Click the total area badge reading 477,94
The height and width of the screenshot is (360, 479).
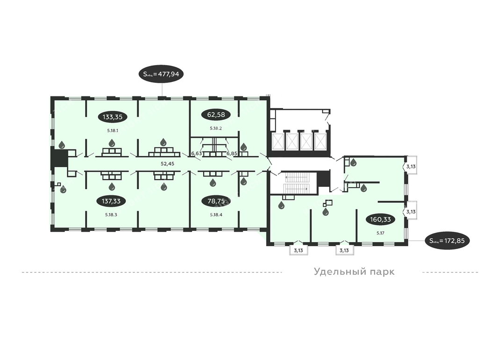tap(161, 74)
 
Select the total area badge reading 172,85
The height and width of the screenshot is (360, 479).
tap(447, 241)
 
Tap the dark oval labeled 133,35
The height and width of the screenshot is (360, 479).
tap(112, 117)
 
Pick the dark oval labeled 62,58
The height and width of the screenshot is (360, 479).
tap(216, 115)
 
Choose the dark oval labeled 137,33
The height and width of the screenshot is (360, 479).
tap(111, 201)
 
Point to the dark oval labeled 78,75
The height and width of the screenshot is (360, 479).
tap(216, 201)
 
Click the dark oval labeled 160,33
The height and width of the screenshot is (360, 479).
tap(380, 220)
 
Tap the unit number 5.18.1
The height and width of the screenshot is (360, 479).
tap(112, 131)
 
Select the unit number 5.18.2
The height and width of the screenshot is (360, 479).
tap(216, 128)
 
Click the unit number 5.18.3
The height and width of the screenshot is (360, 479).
tap(111, 215)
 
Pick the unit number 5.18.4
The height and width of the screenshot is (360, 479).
tap(216, 215)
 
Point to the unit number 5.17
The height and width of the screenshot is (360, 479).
tap(380, 233)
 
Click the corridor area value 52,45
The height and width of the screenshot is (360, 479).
tap(167, 164)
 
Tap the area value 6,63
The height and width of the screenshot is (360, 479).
tap(197, 154)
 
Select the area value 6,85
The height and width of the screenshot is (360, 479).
tap(232, 154)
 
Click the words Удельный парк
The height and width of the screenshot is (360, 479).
tap(355, 272)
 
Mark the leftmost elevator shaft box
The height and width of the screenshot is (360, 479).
tap(278, 142)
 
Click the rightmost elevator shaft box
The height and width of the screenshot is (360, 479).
tap(320, 142)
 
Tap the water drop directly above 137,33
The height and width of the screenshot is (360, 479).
tap(111, 186)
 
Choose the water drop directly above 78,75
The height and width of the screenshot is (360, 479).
tap(213, 183)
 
